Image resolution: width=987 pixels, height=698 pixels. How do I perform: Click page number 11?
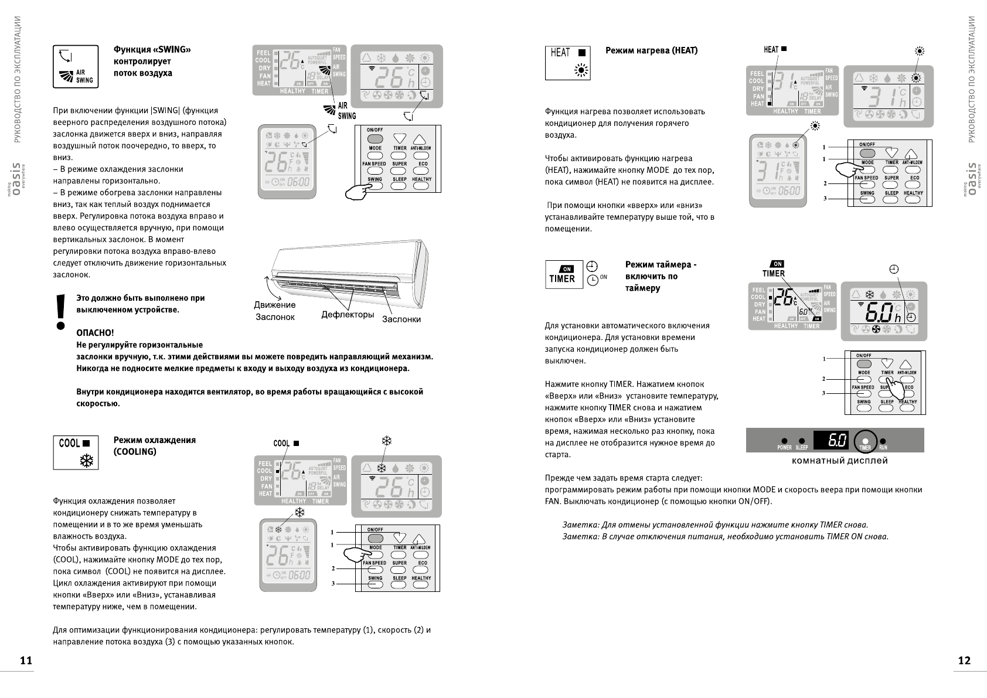click(x=25, y=660)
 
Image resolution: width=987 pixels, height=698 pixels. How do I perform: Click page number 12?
click(x=964, y=660)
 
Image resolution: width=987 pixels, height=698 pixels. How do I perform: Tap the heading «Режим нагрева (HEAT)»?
click(x=651, y=51)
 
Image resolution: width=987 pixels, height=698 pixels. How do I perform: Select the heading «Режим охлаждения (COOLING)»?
click(x=154, y=445)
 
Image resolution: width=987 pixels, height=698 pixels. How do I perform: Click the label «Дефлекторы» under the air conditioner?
click(x=348, y=315)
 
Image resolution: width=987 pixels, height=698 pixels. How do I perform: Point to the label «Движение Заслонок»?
click(x=275, y=311)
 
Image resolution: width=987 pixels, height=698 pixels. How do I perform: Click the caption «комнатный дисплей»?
click(x=839, y=461)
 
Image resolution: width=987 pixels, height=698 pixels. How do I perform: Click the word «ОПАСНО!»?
click(x=95, y=333)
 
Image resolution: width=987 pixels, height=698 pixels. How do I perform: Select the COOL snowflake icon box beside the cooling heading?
click(x=76, y=452)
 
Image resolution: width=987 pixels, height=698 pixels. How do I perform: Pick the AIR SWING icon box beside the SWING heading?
click(x=76, y=67)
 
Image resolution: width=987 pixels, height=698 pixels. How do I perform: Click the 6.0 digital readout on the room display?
click(x=831, y=439)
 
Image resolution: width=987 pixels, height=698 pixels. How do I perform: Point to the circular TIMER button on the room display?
click(x=865, y=441)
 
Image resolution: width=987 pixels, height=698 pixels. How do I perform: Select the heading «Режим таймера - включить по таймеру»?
click(x=661, y=277)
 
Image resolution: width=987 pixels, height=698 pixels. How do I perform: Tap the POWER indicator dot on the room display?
click(x=784, y=441)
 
